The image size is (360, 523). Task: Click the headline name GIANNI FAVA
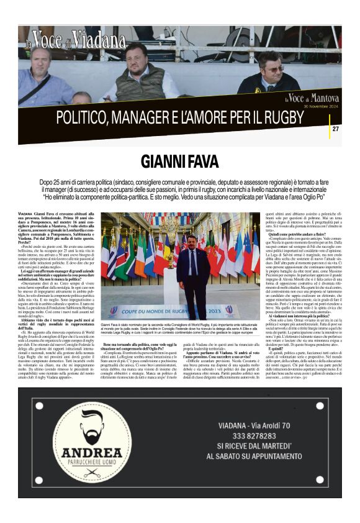[x=179, y=161]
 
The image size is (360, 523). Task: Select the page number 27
[x=335, y=129]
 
